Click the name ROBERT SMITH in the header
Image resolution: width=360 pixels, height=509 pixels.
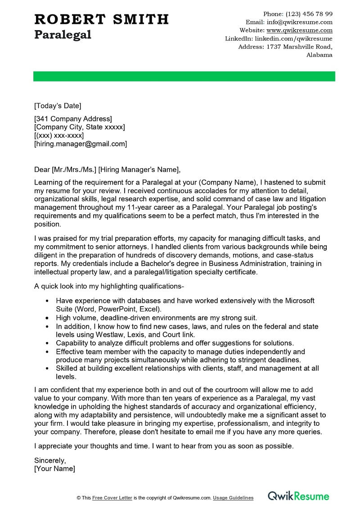101,19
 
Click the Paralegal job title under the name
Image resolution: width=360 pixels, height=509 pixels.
63,35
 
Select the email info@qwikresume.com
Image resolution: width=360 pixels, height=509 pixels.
299,22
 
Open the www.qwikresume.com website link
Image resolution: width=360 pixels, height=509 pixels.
299,30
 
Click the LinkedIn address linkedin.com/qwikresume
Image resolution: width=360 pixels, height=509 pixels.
293,39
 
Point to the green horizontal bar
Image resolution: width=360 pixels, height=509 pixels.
184,77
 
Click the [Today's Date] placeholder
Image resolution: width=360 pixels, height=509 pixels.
58,106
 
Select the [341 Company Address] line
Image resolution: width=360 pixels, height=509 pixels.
73,119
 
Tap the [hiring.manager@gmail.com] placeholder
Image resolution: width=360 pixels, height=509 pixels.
81,144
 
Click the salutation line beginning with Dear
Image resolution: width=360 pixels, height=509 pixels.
107,169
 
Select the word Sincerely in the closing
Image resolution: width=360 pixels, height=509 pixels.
50,460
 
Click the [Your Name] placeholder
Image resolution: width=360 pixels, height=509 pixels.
54,468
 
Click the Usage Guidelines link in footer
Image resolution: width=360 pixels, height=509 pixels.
233,498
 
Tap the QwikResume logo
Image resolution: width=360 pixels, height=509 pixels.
299,496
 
